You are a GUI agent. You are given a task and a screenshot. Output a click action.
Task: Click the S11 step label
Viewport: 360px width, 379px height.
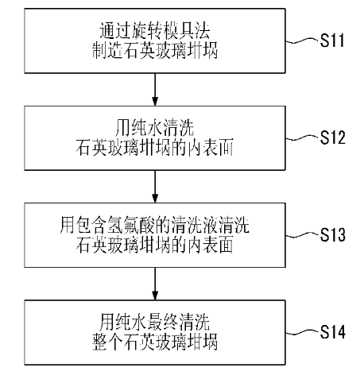point(332,41)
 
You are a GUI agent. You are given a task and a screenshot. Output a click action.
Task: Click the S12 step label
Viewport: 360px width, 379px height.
point(333,137)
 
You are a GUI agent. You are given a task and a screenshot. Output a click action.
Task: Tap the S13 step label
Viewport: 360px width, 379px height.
point(333,235)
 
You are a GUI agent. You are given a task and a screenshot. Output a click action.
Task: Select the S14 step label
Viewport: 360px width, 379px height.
point(333,332)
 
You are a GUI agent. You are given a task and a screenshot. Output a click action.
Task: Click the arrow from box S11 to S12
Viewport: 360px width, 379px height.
point(155,90)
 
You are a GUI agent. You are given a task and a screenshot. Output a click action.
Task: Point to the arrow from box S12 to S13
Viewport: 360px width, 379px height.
point(155,187)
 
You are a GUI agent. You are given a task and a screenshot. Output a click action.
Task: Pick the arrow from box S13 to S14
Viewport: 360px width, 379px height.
point(155,284)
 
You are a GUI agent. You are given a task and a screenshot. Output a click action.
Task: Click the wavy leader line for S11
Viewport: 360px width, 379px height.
point(302,41)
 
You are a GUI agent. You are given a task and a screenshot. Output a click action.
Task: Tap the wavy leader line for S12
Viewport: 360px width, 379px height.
point(302,138)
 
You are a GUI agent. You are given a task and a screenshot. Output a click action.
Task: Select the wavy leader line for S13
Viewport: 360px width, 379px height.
point(302,235)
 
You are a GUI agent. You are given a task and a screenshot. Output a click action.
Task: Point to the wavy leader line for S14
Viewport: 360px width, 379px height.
point(302,332)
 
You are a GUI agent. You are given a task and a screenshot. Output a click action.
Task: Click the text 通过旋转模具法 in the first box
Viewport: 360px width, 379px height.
point(155,30)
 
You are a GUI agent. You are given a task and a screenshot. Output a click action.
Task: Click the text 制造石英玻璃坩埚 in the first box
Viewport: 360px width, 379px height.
point(155,50)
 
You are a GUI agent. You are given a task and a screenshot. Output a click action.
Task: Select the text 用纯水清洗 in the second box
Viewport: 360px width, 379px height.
point(155,128)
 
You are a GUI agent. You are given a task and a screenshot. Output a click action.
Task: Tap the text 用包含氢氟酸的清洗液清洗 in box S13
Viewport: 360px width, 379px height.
point(155,225)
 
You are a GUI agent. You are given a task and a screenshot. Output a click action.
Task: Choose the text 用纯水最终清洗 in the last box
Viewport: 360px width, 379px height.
point(155,323)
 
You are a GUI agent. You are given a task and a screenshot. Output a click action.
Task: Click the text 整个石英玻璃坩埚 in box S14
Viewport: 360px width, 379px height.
point(155,342)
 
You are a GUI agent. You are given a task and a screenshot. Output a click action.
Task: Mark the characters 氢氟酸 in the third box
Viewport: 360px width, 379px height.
point(131,225)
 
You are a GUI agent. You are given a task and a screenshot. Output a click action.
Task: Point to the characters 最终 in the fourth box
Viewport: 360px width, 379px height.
point(163,323)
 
